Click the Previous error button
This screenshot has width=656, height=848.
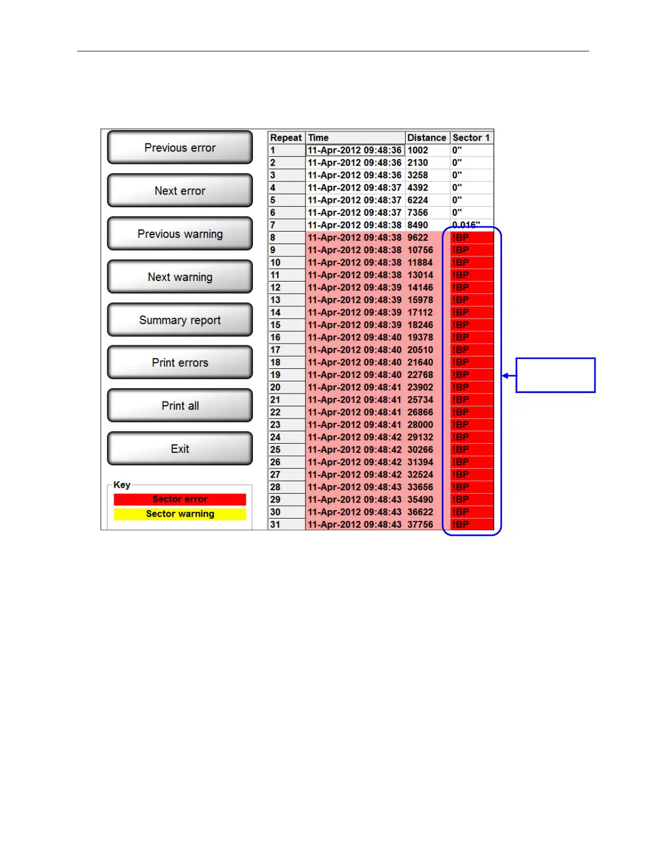coord(180,147)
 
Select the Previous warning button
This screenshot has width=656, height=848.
coord(180,233)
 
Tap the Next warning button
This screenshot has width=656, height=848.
coord(180,277)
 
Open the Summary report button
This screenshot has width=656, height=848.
coord(180,320)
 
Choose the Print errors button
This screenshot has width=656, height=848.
coord(180,362)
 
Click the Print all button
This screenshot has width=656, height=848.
coord(180,406)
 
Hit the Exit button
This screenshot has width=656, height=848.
coord(180,449)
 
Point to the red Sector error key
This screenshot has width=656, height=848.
coord(180,499)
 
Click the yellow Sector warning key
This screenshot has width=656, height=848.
coord(180,514)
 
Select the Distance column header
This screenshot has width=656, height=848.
coord(427,138)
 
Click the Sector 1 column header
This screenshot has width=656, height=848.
coord(471,138)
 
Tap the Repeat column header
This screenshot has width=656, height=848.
coord(286,138)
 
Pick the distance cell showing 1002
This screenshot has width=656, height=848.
coord(418,150)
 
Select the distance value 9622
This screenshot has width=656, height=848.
coord(418,238)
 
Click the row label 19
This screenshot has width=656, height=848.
coord(275,375)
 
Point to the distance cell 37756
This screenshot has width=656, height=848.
coord(420,525)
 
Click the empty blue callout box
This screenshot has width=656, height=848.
coord(555,375)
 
